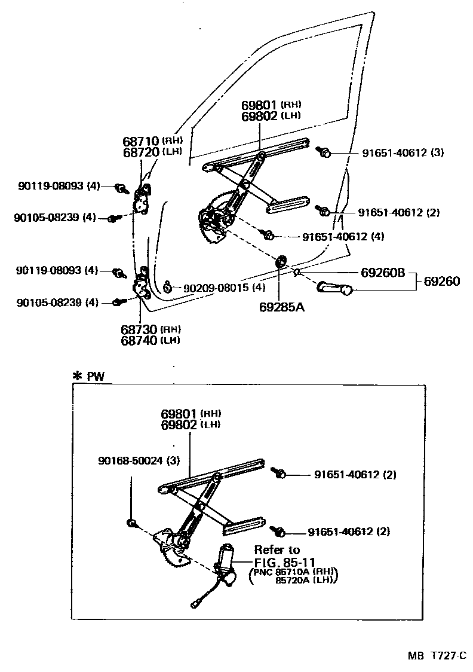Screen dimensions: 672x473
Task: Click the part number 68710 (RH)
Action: click(x=152, y=142)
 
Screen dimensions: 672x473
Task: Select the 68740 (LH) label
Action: click(x=150, y=340)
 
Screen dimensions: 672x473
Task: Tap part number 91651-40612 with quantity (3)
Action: click(x=403, y=152)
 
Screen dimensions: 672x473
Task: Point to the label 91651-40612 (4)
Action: click(x=343, y=236)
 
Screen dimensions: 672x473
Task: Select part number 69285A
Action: click(x=282, y=307)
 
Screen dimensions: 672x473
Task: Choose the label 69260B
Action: click(x=383, y=273)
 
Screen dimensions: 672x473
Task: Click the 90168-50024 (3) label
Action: click(x=139, y=460)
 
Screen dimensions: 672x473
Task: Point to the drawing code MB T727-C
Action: click(x=437, y=656)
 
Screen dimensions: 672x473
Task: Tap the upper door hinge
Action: click(x=143, y=200)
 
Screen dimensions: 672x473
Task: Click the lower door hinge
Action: click(x=143, y=285)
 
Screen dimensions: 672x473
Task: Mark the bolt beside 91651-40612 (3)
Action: click(x=325, y=152)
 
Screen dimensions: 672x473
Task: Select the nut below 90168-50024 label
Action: click(x=132, y=523)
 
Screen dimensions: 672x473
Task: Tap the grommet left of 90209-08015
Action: click(x=168, y=287)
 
